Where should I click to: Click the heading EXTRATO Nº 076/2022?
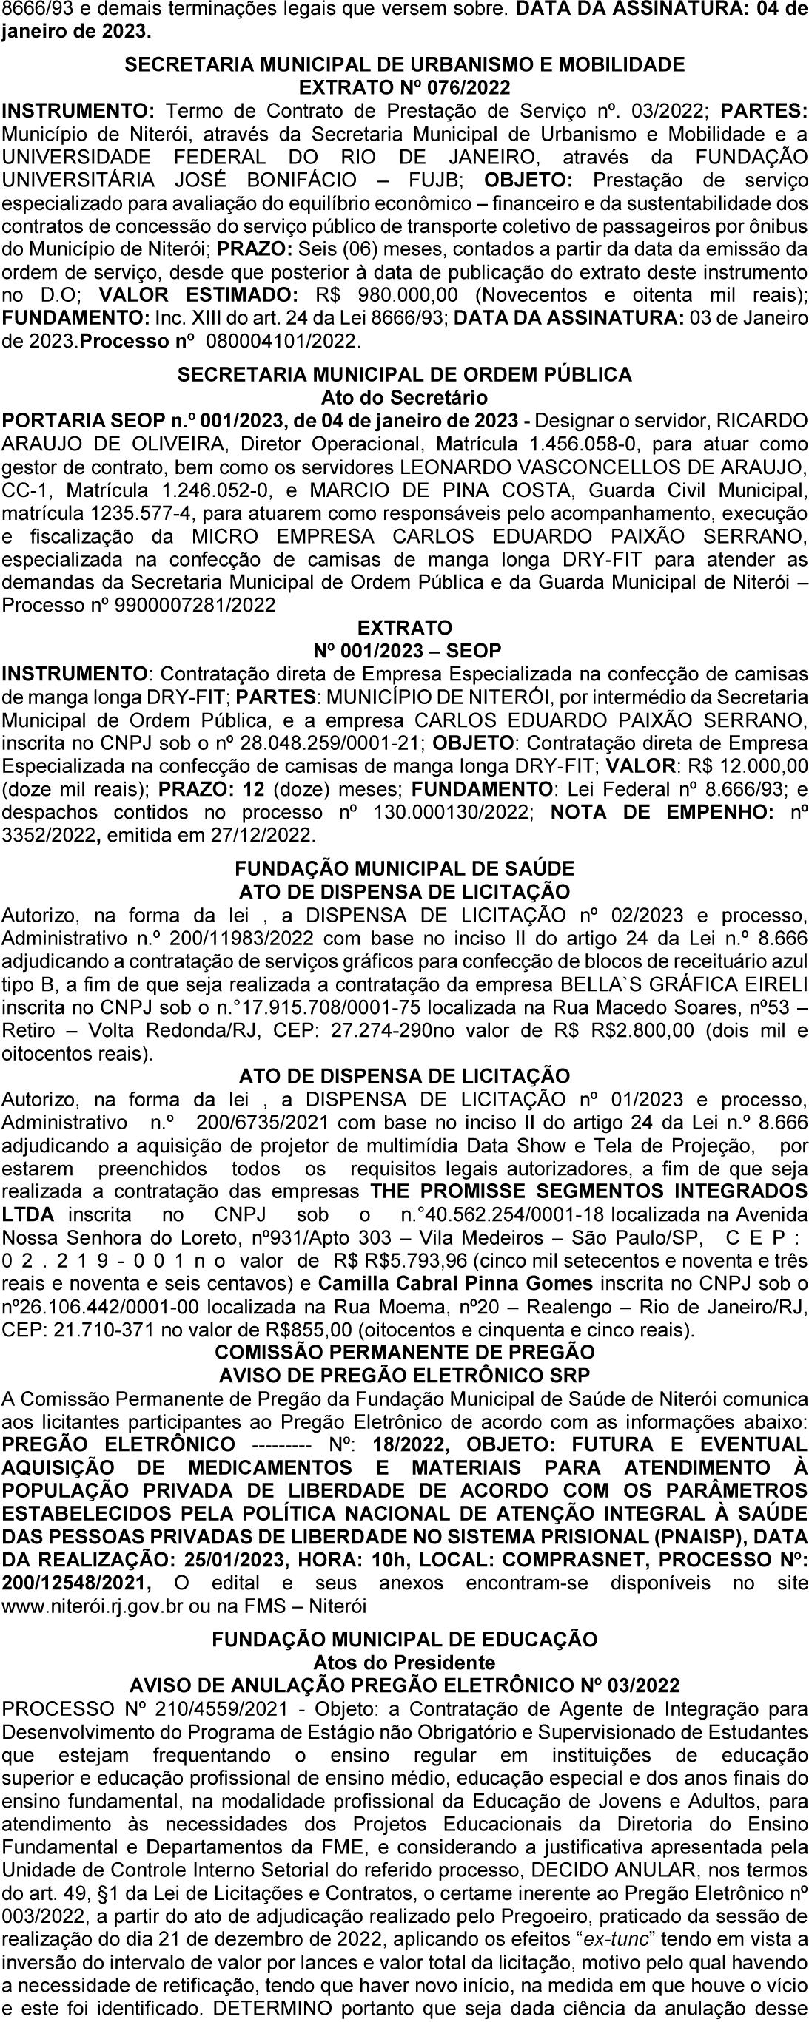coord(404,87)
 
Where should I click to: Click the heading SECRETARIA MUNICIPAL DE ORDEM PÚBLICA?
coord(404,374)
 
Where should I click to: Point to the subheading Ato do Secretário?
coord(404,397)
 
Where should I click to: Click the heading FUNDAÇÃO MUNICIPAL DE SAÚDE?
coord(404,868)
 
